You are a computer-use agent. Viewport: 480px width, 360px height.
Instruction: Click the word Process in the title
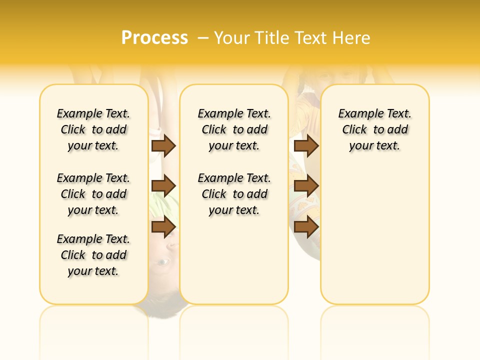(154, 38)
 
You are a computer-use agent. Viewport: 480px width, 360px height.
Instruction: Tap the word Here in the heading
(352, 38)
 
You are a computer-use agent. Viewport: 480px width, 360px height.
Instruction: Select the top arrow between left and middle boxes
(163, 145)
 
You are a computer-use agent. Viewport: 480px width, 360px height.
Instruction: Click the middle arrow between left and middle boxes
(163, 186)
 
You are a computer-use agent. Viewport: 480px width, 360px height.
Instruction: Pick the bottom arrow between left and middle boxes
(163, 227)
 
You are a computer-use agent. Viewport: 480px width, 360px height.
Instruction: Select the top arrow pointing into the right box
(306, 145)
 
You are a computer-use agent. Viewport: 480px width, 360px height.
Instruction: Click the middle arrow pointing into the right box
(306, 186)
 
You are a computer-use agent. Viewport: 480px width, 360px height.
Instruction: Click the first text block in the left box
(93, 129)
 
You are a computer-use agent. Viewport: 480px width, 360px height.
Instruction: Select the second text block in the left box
(93, 194)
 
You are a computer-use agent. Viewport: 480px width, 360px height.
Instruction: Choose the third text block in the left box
(93, 255)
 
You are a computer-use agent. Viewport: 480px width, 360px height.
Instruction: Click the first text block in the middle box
(234, 129)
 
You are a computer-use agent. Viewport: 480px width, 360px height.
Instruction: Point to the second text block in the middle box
(234, 194)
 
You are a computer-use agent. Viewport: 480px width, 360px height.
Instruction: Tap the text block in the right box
(374, 129)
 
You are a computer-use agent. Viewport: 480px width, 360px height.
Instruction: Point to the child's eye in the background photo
(163, 261)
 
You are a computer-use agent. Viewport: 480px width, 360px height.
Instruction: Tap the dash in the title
(202, 38)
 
